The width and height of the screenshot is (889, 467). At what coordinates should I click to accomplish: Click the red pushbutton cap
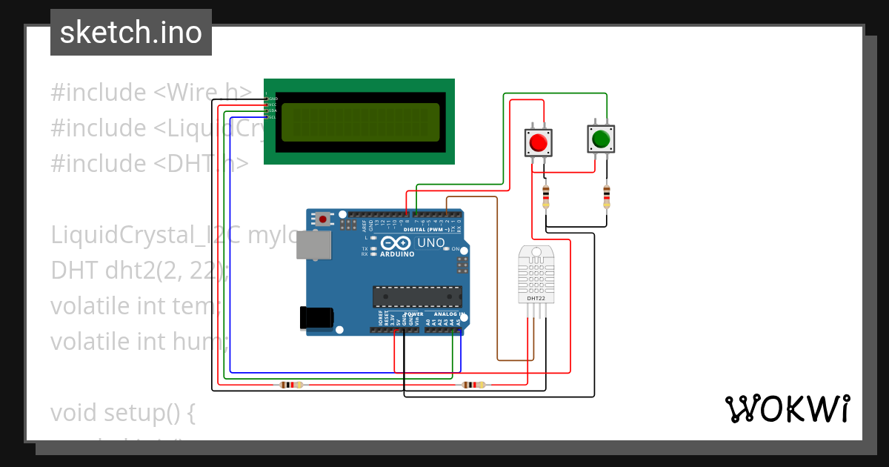(539, 142)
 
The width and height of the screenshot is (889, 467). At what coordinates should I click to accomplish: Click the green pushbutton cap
(600, 138)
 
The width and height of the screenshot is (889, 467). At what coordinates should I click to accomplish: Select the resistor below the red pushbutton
(546, 196)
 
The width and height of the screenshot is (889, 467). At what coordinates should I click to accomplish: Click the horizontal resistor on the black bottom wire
(291, 385)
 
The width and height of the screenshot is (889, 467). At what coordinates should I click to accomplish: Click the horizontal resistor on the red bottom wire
(472, 385)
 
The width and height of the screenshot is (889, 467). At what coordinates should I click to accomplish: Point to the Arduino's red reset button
(324, 219)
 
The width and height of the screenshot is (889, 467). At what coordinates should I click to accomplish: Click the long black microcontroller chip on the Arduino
(416, 297)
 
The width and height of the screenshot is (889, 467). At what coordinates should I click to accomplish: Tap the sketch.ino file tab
(131, 33)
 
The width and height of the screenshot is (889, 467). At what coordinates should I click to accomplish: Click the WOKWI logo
(787, 409)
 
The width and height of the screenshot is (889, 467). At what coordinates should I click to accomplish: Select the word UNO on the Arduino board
(431, 242)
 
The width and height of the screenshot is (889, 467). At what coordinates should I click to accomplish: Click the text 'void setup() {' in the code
(123, 412)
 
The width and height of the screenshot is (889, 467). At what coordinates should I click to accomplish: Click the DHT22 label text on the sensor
(536, 298)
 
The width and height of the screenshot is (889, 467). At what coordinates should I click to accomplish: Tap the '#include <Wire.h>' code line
(152, 93)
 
